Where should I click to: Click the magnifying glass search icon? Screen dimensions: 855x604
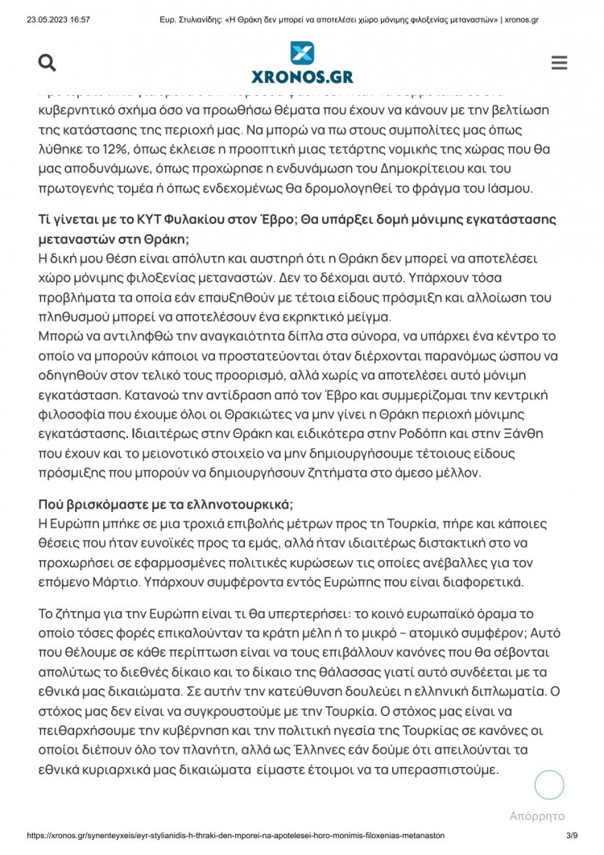click(x=48, y=63)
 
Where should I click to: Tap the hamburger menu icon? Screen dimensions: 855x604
click(x=559, y=63)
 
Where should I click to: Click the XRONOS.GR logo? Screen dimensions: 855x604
click(x=302, y=64)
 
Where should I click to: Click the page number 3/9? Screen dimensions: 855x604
click(x=573, y=836)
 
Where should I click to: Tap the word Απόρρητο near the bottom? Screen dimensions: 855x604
click(x=537, y=816)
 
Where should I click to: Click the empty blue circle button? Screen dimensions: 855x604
click(x=549, y=784)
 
